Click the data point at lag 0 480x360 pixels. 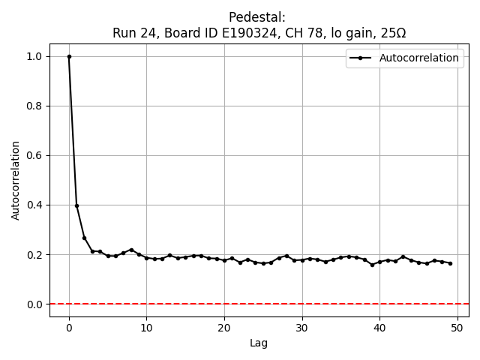69,56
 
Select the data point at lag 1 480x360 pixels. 76,205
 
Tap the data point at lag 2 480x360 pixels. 85,238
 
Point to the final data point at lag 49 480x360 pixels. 450,263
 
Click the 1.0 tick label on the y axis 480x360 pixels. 35,56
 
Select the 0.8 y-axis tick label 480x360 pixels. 35,106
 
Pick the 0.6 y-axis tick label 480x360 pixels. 35,155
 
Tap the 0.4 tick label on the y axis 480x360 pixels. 35,205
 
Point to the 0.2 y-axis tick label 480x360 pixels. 35,254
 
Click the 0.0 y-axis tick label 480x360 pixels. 35,304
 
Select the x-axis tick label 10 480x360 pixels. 146,328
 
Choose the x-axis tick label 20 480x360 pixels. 224,328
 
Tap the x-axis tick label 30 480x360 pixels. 302,328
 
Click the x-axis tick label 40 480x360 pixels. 379,328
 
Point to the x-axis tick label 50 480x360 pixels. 457,328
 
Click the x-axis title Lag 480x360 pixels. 259,343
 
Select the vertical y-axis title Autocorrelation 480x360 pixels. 16,180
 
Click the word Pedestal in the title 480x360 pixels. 259,17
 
